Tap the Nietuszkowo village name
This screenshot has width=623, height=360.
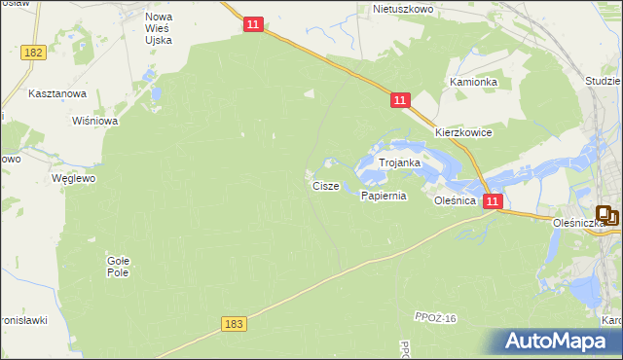[x=402, y=9]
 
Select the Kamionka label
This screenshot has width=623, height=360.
[x=473, y=83]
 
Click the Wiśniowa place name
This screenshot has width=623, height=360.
[x=95, y=122]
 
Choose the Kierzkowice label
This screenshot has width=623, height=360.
[x=463, y=132]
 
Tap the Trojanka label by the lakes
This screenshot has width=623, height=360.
[x=399, y=163]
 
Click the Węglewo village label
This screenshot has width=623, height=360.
[x=73, y=180]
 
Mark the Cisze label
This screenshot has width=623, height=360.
[x=325, y=185]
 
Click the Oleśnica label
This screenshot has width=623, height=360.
[x=455, y=200]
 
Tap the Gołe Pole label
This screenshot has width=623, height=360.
[x=118, y=267]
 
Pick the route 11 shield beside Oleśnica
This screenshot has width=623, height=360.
[x=494, y=201]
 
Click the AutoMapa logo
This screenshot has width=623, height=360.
[x=557, y=342]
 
